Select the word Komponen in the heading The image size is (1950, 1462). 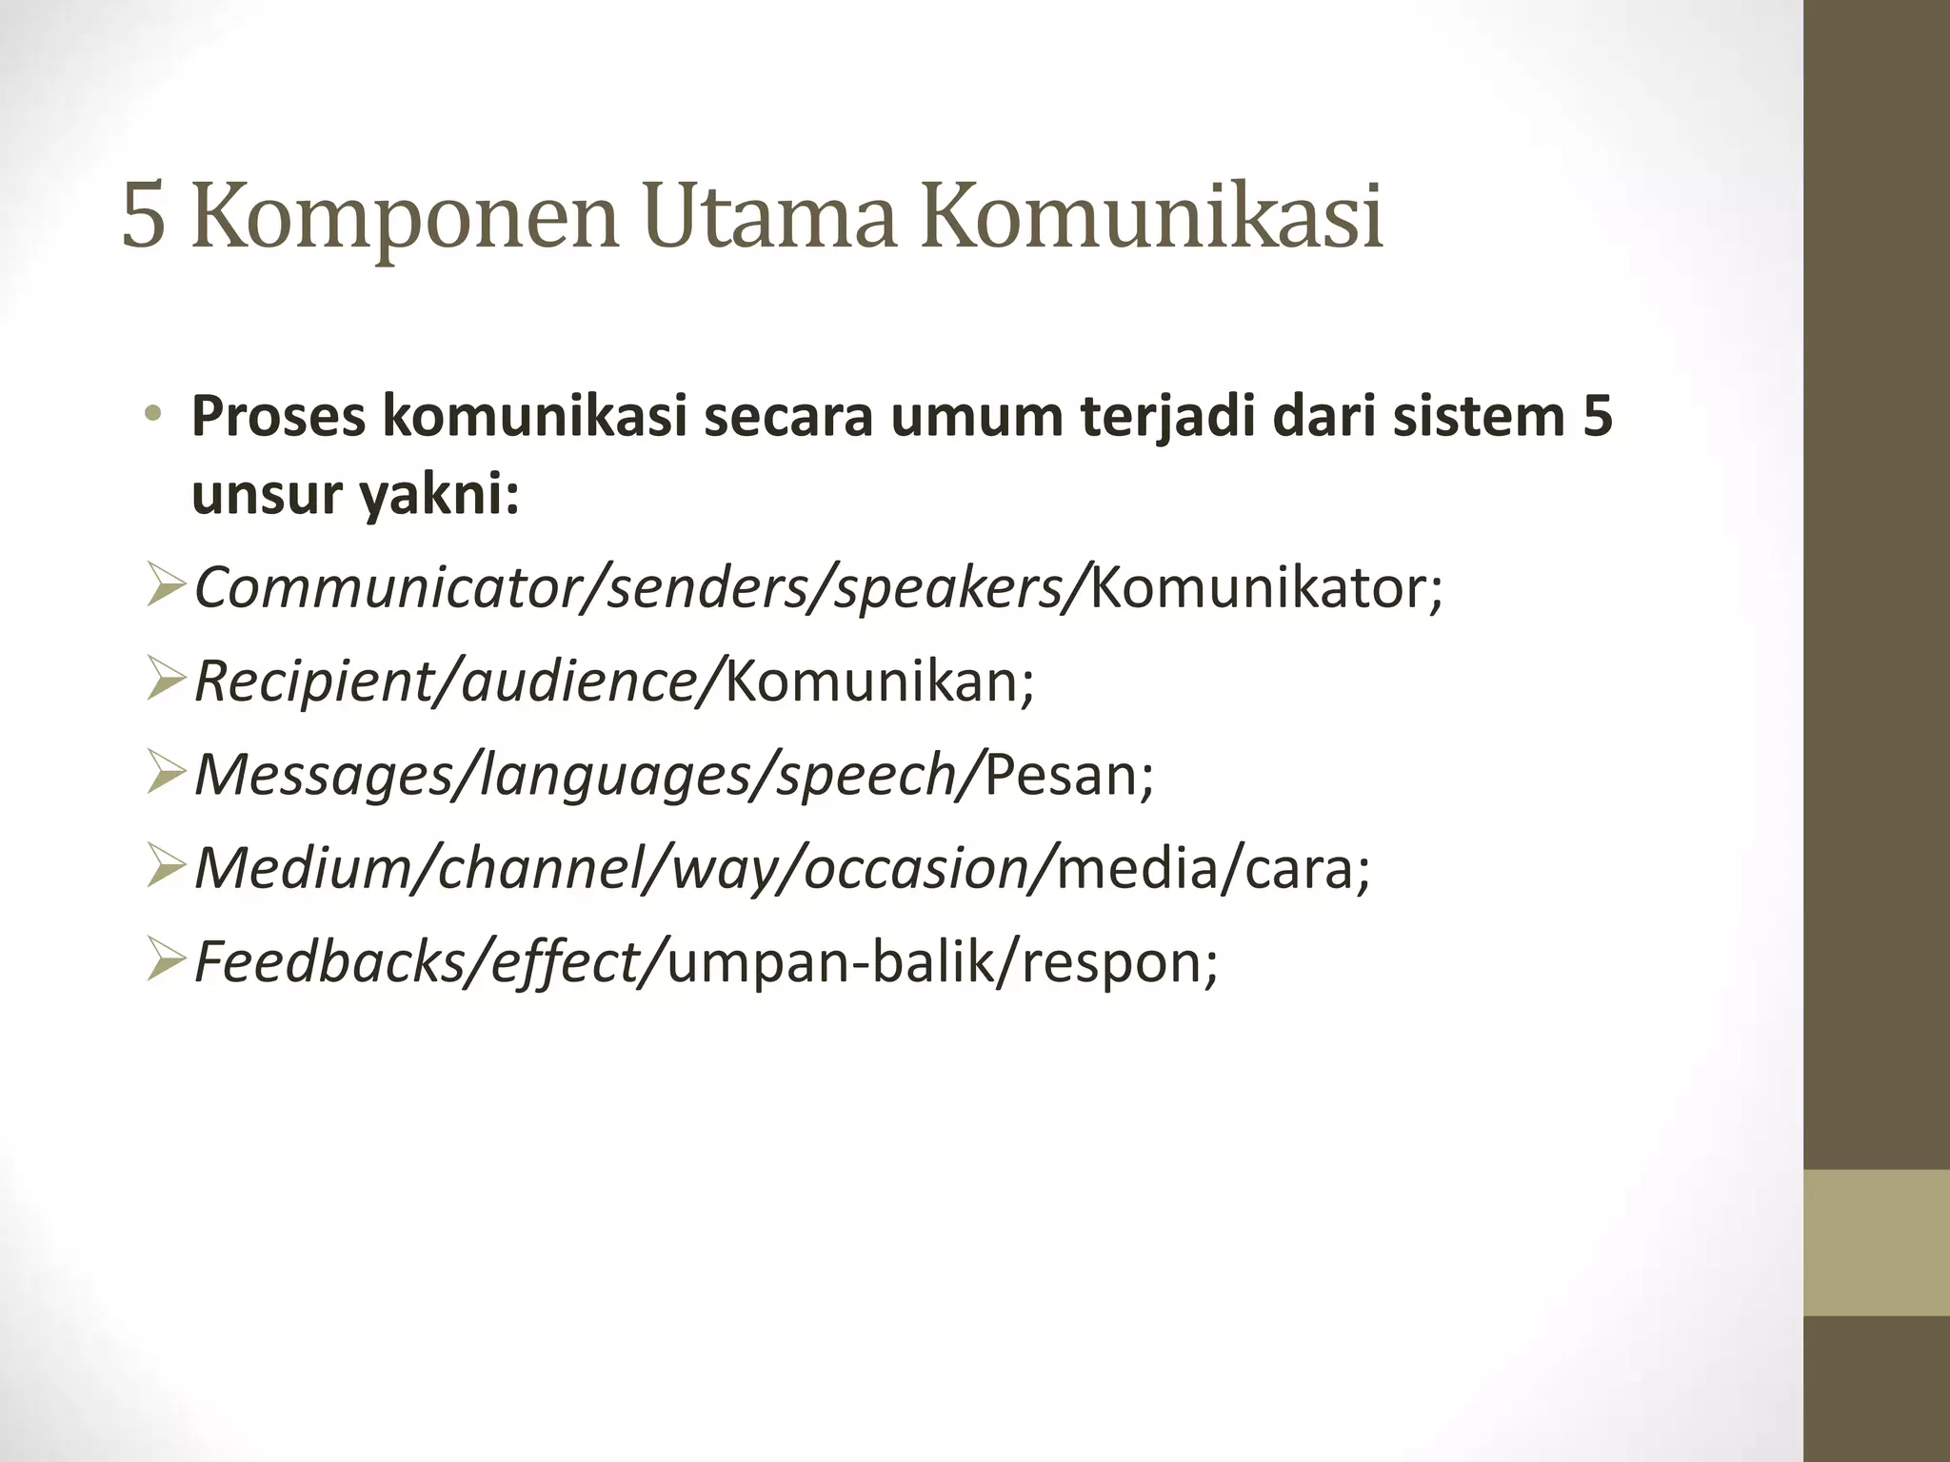point(405,219)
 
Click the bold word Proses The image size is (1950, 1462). point(278,418)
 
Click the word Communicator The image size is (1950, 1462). point(389,587)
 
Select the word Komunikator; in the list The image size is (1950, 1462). point(1266,587)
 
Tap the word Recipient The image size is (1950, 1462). point(311,682)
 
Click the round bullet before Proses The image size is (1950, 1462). point(153,416)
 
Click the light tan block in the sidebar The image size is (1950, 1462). point(1877,1242)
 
